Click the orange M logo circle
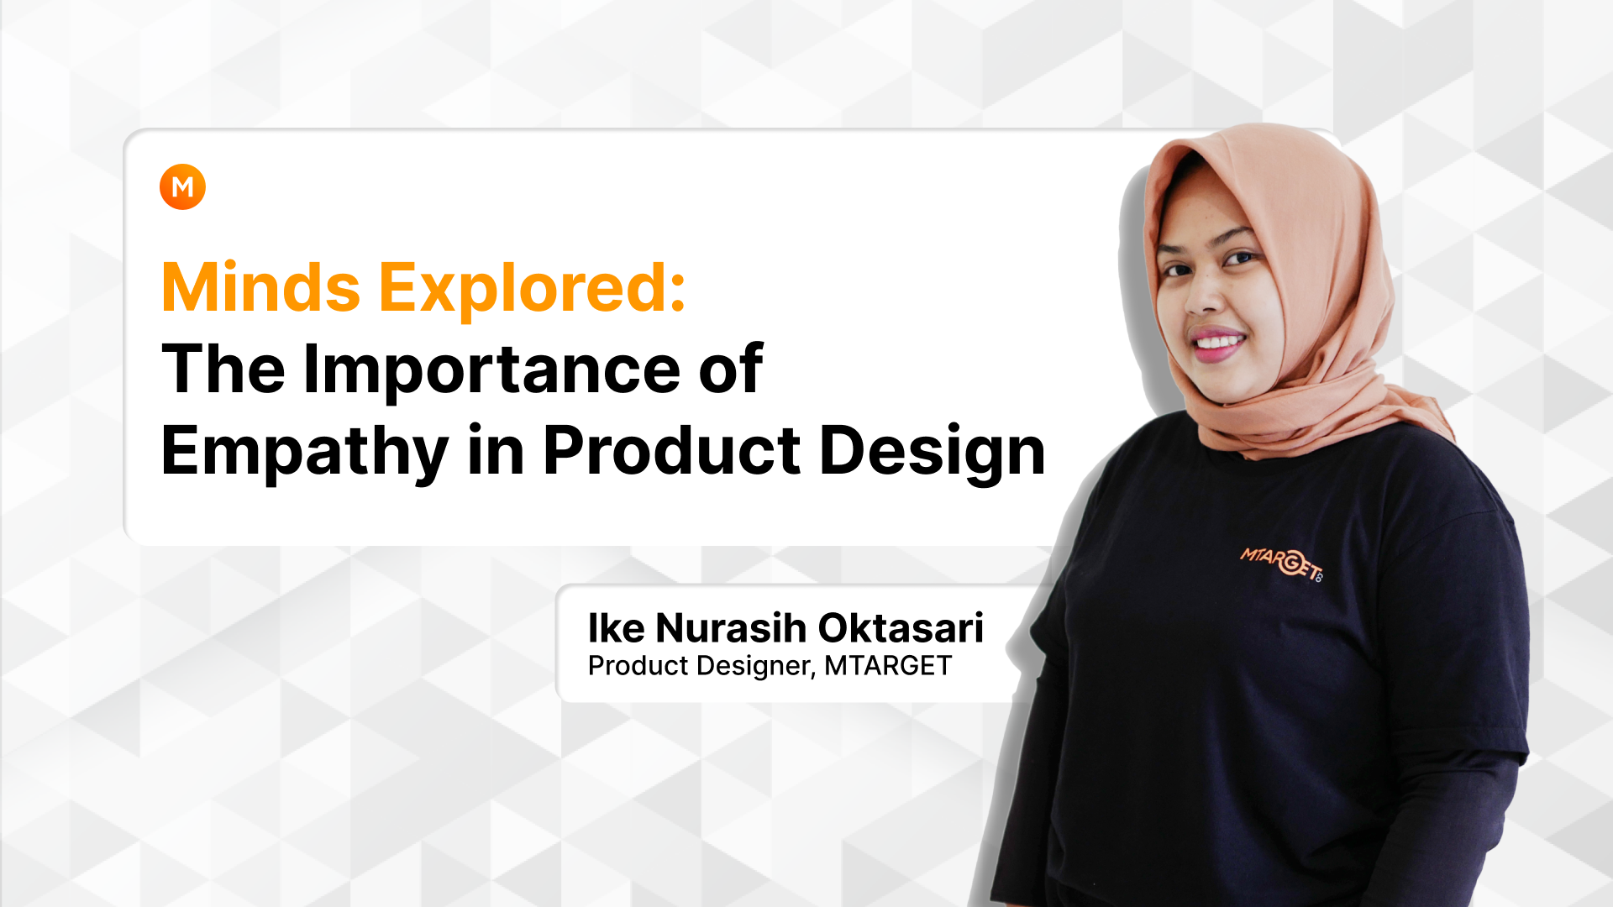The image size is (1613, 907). pos(182,186)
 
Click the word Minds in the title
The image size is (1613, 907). pos(261,288)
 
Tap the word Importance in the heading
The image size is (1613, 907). pos(491,370)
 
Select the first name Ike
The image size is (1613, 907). pos(617,628)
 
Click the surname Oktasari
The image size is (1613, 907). pos(901,628)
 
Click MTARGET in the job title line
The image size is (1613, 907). pos(888,665)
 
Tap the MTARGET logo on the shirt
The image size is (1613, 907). pos(1282,563)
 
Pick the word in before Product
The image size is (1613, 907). pos(497,451)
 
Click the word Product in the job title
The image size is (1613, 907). pos(638,665)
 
